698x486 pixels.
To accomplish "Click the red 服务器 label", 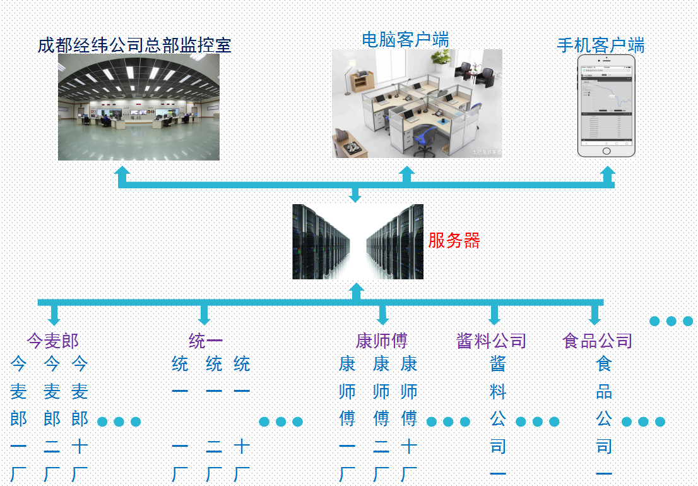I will tap(454, 241).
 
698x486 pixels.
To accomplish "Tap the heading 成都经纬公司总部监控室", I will tap(134, 46).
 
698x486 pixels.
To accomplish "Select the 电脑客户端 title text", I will tap(405, 39).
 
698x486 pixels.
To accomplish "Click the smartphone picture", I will tap(606, 105).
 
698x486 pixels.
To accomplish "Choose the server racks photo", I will tap(357, 241).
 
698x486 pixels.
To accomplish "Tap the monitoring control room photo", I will tap(139, 107).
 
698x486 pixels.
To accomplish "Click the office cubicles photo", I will tap(417, 104).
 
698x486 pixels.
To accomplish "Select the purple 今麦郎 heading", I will tap(52, 341).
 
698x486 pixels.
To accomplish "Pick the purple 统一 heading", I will tap(205, 341).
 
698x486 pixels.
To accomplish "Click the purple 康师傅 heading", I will tap(382, 341).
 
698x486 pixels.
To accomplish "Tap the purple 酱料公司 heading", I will tap(491, 341).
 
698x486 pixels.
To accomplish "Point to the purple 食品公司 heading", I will tap(597, 341).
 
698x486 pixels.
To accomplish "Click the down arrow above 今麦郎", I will tap(54, 315).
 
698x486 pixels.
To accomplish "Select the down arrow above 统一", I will tap(204, 315).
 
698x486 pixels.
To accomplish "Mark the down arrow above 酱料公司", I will tap(494, 315).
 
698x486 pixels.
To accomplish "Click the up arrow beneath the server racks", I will tap(357, 291).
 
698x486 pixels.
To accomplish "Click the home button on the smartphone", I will tap(606, 151).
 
